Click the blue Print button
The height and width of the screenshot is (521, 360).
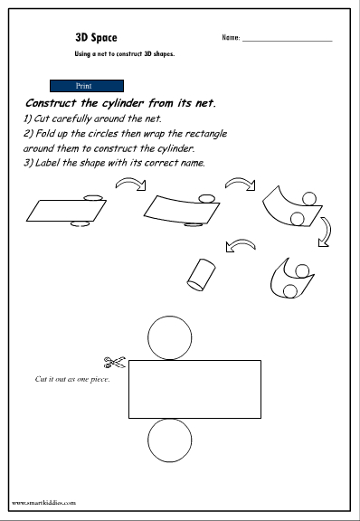(87, 86)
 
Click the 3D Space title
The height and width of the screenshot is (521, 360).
(96, 38)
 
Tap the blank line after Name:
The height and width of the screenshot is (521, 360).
(288, 41)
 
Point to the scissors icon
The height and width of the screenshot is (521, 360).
(115, 362)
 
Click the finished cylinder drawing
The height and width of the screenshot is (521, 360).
(201, 275)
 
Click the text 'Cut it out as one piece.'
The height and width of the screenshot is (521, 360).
(72, 379)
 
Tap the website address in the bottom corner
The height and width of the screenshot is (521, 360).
(44, 503)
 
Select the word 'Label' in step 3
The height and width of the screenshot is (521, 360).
(48, 163)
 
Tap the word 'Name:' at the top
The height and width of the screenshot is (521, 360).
(231, 38)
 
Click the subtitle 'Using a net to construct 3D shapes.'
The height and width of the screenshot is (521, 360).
(125, 54)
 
